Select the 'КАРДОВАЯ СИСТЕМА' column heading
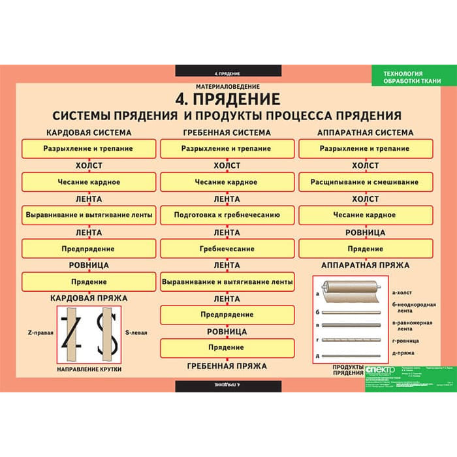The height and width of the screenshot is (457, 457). (89, 133)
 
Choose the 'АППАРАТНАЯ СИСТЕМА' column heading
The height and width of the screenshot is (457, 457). (365, 133)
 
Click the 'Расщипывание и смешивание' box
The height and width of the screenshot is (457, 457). (365, 181)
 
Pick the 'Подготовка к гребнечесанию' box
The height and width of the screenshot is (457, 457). (227, 214)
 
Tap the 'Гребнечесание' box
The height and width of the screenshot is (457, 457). (227, 249)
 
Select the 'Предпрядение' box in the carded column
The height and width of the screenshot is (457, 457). (89, 249)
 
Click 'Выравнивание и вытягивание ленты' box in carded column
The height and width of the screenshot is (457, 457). (89, 214)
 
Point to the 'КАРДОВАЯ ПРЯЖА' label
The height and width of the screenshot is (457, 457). (89, 298)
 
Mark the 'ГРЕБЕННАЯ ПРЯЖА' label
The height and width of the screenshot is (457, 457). (227, 366)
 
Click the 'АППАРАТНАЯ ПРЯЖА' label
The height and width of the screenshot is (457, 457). (365, 266)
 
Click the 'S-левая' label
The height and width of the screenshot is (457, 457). (136, 332)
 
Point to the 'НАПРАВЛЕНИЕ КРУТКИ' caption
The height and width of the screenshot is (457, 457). (89, 370)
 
